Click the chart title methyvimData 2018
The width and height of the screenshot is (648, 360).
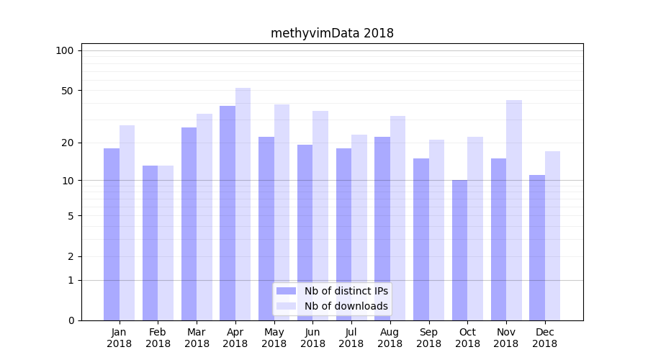[x=332, y=33]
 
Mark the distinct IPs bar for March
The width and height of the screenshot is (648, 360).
[x=189, y=224]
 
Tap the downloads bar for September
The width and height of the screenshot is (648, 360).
[x=437, y=230]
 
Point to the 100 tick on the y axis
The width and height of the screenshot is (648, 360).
[x=65, y=50]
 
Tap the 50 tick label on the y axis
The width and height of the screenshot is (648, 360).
[x=68, y=91]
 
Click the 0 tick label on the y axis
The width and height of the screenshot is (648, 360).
[x=71, y=320]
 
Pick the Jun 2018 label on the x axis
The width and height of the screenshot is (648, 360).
[x=312, y=338]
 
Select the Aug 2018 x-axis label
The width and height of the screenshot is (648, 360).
[x=390, y=338]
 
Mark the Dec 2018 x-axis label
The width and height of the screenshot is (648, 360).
[x=544, y=338]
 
